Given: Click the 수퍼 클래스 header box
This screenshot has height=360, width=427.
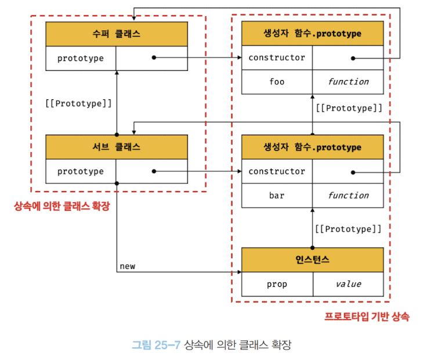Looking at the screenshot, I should pyautogui.click(x=117, y=34).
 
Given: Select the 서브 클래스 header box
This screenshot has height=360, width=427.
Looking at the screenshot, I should pyautogui.click(x=117, y=147).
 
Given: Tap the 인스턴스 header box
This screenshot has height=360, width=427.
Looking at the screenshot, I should pyautogui.click(x=312, y=260).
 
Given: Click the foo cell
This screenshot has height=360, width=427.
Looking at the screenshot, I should pyautogui.click(x=277, y=82).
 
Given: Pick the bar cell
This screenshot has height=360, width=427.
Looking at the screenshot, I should pyautogui.click(x=277, y=196).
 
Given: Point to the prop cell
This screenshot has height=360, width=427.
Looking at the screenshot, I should pyautogui.click(x=277, y=285).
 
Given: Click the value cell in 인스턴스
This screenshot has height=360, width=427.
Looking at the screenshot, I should pyautogui.click(x=348, y=285).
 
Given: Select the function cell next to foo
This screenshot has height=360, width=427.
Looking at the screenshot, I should pyautogui.click(x=348, y=82).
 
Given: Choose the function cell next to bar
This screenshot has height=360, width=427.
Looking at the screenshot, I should pyautogui.click(x=348, y=196).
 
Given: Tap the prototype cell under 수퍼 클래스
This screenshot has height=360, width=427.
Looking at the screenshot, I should pyautogui.click(x=81, y=58).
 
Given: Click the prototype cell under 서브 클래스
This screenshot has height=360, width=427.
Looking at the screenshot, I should pyautogui.click(x=81, y=172).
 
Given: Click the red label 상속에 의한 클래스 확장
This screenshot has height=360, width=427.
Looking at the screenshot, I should pyautogui.click(x=61, y=206).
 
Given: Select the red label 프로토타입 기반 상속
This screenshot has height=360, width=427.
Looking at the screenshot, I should pyautogui.click(x=366, y=317).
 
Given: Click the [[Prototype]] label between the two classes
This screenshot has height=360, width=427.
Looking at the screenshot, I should pyautogui.click(x=78, y=103).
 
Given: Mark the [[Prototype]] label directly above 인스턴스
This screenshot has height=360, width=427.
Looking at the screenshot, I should pyautogui.click(x=348, y=229).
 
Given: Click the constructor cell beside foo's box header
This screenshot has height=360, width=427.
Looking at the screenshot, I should pyautogui.click(x=277, y=58).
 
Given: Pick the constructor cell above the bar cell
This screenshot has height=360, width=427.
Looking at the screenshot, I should pyautogui.click(x=277, y=172).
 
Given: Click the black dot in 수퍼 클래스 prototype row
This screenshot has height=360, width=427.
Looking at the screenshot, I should pyautogui.click(x=154, y=58).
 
